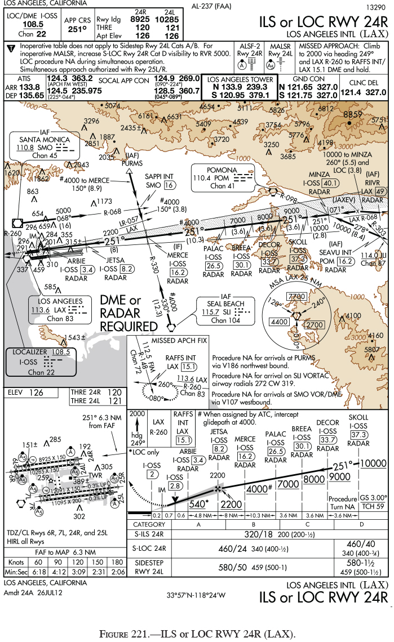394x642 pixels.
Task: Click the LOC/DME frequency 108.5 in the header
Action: [33, 24]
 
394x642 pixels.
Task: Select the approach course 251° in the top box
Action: [77, 29]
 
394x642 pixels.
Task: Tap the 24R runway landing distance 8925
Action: [140, 19]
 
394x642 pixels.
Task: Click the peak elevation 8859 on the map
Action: [352, 114]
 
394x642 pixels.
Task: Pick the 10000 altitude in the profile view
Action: [373, 463]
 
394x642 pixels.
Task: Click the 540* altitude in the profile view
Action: [198, 503]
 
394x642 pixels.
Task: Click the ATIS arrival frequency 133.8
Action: [29, 87]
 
